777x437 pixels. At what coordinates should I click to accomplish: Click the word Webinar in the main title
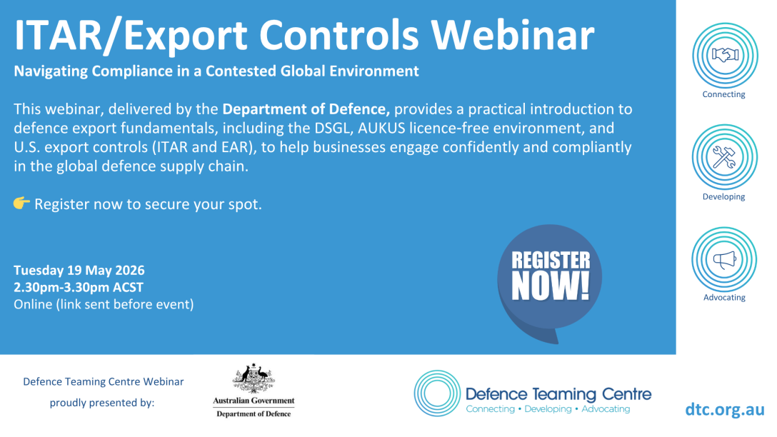tap(512, 35)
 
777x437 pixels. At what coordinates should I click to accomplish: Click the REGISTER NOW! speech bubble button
tap(550, 280)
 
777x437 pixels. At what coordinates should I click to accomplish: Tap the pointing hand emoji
tap(22, 203)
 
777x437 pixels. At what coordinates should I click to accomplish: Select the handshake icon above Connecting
tap(724, 54)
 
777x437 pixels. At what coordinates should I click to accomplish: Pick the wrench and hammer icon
tap(724, 157)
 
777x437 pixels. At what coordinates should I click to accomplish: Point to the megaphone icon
tap(724, 259)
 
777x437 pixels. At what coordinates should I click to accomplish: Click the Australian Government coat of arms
tap(254, 378)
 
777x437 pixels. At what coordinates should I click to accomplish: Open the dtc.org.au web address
tap(725, 409)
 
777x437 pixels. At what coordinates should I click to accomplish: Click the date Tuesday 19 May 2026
tap(79, 271)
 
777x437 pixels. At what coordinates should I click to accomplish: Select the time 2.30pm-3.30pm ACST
tap(79, 287)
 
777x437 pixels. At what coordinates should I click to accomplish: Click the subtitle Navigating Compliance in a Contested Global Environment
tap(216, 71)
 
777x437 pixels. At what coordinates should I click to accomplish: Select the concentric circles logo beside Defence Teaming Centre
tap(438, 393)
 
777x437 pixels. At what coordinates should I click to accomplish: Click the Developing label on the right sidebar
tap(724, 196)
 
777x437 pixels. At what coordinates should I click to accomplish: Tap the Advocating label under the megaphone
tap(724, 298)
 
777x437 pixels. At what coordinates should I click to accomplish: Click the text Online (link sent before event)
tap(104, 304)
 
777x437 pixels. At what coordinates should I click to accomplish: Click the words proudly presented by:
tap(102, 403)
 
